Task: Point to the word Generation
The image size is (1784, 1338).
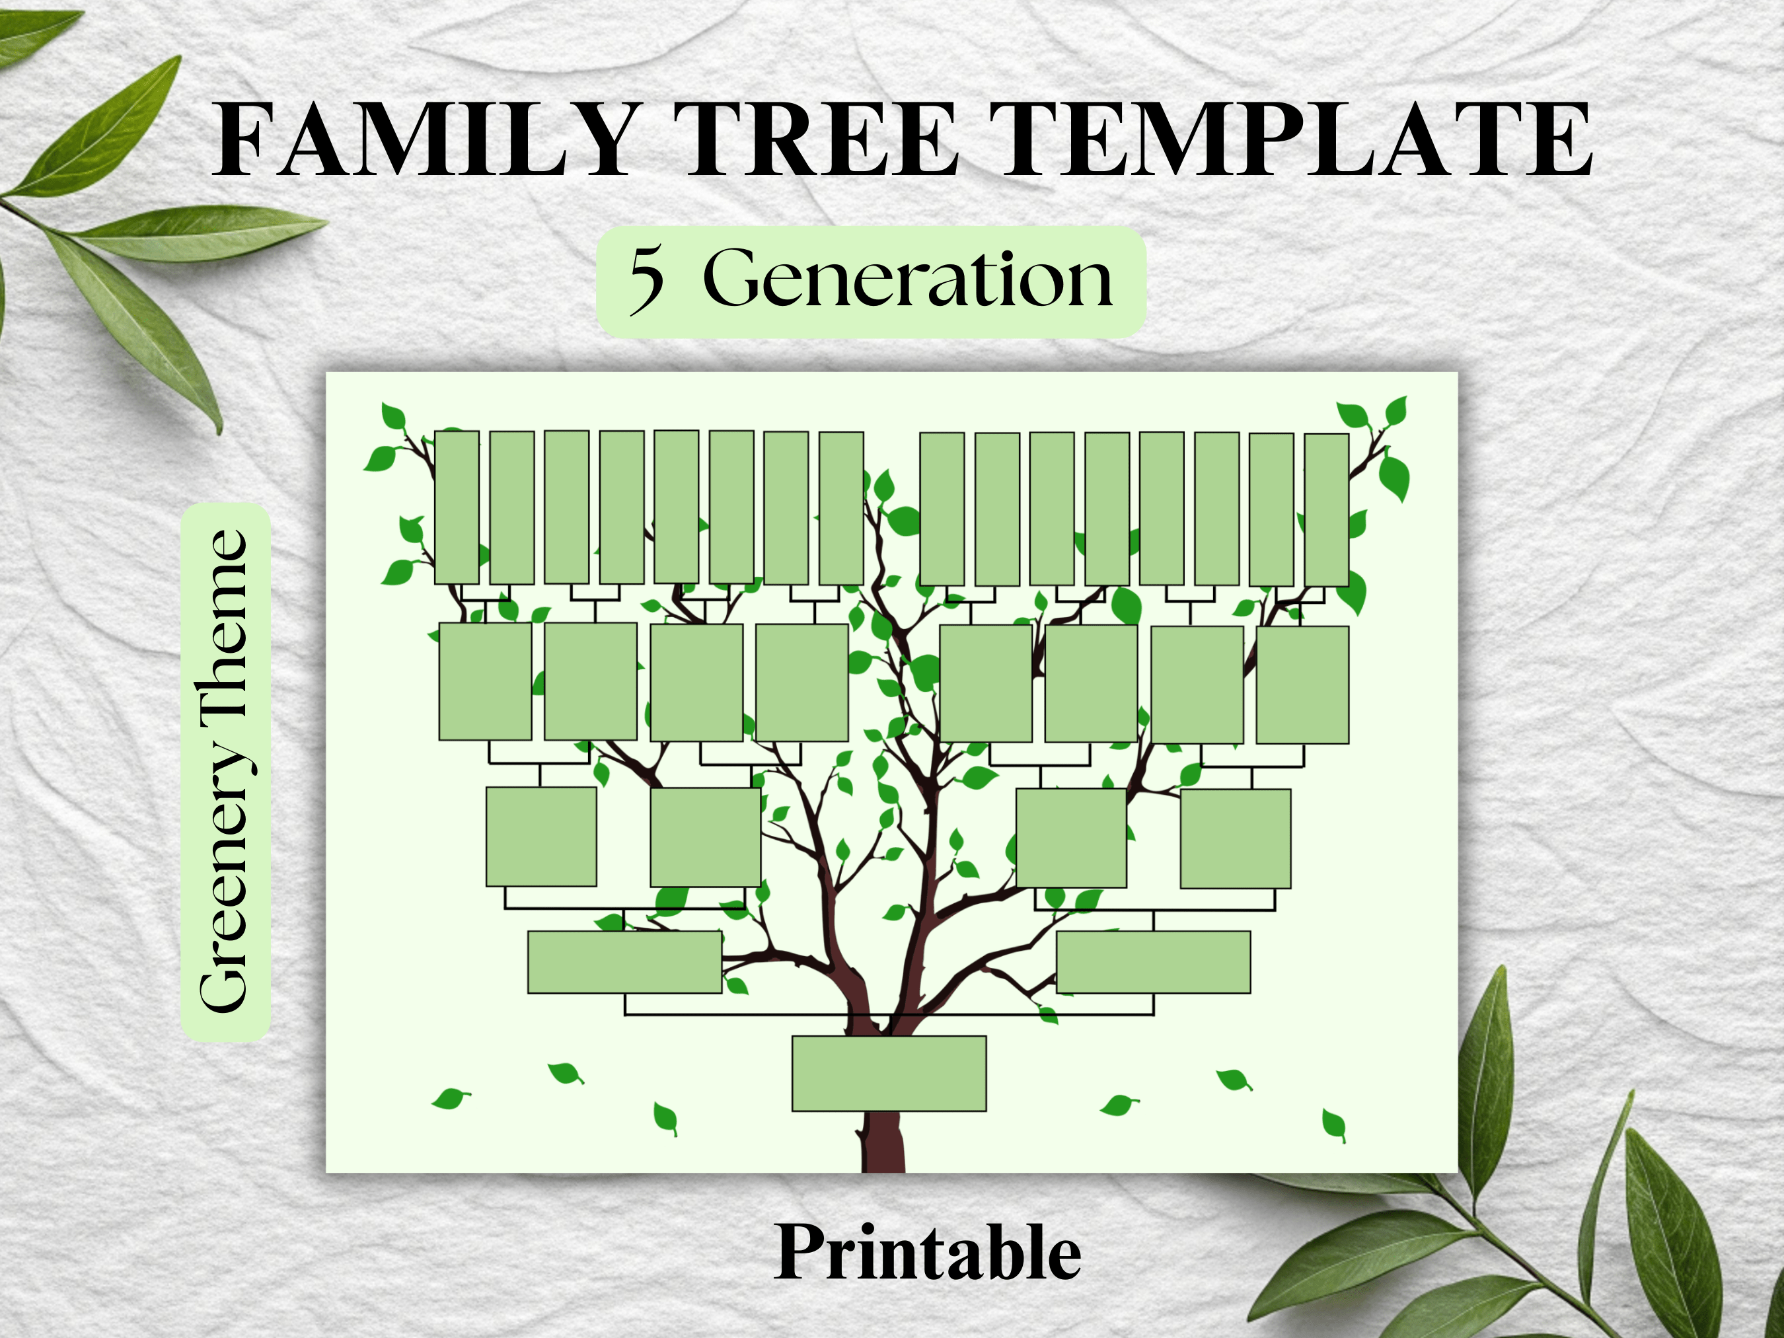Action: point(907,278)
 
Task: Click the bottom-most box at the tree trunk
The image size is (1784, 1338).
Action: point(889,1074)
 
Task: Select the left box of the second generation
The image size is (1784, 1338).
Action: point(624,962)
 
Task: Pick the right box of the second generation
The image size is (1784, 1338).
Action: point(1153,962)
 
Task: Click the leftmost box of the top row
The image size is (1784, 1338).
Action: point(457,507)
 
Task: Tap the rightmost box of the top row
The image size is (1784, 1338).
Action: point(1327,509)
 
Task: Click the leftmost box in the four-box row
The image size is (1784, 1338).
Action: point(541,836)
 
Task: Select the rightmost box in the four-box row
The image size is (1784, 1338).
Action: point(1235,838)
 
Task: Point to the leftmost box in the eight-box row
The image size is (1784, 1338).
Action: point(485,681)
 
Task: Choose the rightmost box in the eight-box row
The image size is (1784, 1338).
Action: point(1302,685)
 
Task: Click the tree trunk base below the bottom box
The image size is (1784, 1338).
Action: point(884,1141)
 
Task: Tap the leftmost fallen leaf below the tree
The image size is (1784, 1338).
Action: point(450,1098)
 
